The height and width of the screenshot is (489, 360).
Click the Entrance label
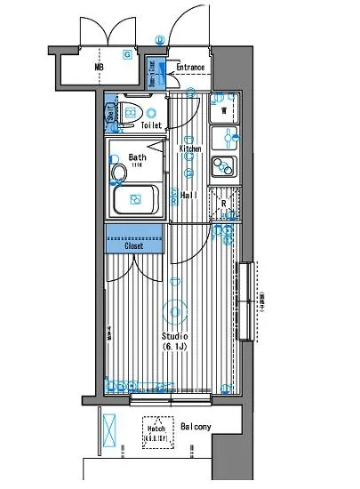tap(189, 68)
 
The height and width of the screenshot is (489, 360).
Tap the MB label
tap(99, 67)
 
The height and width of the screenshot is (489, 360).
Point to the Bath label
tap(138, 157)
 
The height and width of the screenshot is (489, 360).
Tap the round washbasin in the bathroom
tap(117, 171)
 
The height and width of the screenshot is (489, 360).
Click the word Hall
tap(188, 196)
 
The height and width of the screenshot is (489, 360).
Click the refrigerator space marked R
tap(223, 203)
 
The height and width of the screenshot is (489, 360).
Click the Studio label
tap(175, 337)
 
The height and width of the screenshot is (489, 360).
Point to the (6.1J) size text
tap(175, 349)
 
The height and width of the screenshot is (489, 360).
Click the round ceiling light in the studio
tap(176, 311)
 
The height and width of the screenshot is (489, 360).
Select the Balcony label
tap(196, 428)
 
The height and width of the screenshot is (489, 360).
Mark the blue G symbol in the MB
tap(127, 54)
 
